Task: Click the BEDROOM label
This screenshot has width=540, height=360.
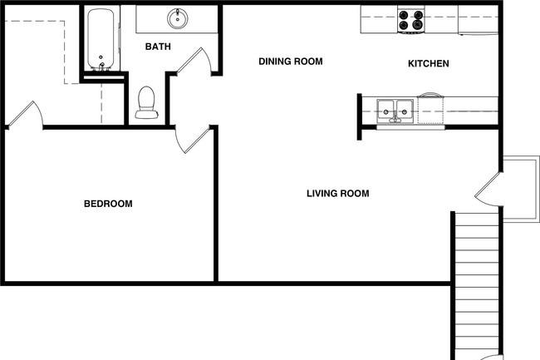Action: pos(108,204)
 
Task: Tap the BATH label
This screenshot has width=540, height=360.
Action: pos(158,47)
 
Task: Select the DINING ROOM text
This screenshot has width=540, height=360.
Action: pos(291,62)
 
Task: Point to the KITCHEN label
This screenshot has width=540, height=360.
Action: pos(429,63)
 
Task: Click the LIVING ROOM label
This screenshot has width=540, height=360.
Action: pos(338,193)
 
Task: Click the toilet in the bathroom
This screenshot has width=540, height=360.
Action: pos(147,102)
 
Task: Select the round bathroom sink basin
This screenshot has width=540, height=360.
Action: pos(178,18)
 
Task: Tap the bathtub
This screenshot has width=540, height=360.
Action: pos(101,39)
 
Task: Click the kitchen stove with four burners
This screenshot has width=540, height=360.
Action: pos(411,20)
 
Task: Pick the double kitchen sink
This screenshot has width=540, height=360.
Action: pos(395,111)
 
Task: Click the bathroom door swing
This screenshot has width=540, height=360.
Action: pos(194,61)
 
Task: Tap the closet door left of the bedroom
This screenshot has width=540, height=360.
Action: pos(25,115)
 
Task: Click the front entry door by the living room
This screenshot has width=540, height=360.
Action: pos(488,190)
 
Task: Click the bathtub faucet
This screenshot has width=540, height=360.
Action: pos(101,67)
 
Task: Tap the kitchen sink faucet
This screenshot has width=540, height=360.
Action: pos(395,119)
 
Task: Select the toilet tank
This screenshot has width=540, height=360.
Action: pos(147,115)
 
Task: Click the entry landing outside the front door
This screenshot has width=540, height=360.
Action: pos(521,189)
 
